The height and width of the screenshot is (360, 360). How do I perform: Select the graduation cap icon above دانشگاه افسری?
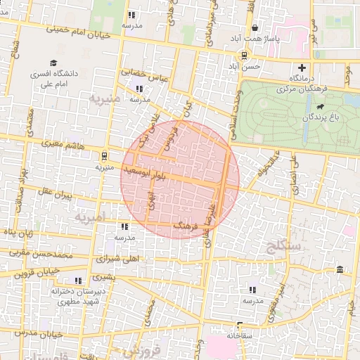coord(53,63)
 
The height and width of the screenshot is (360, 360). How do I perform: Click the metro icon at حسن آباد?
coord(244,55)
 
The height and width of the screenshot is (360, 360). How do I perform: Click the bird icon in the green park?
coord(321,106)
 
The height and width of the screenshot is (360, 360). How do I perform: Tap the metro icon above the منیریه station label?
coord(104,156)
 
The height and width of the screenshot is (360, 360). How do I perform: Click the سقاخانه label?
coord(240,336)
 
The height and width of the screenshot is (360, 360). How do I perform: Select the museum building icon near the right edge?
coord(340,271)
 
